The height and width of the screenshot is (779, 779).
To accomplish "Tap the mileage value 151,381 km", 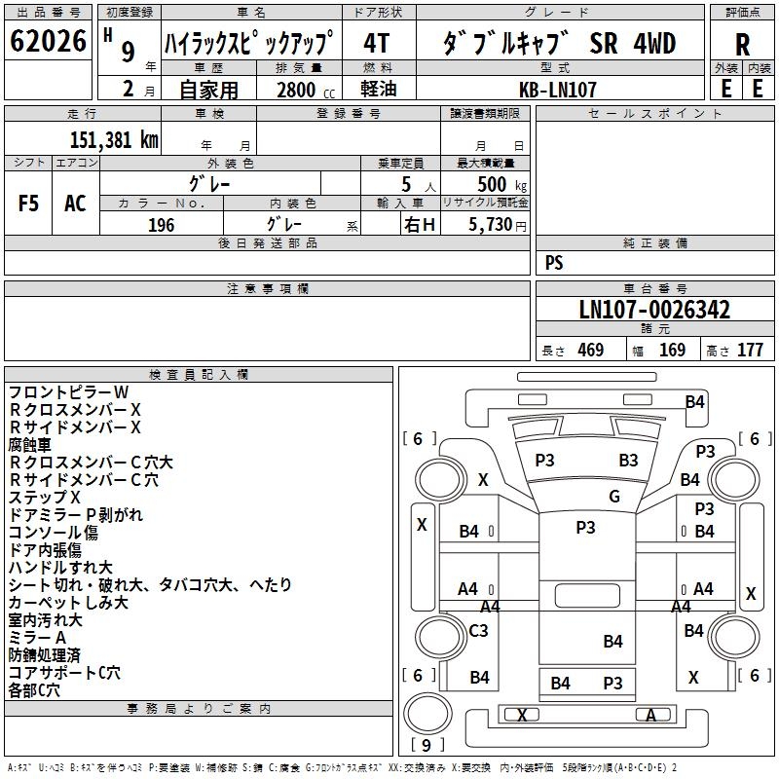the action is point(114,139).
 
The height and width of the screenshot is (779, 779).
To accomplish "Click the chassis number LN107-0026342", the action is point(653,311).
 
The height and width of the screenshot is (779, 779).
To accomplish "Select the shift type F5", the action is point(29,203).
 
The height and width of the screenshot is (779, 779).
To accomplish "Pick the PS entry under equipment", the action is point(554,263).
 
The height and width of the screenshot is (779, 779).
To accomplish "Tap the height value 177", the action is point(750,351).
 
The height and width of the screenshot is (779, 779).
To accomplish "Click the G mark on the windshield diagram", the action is point(614,497).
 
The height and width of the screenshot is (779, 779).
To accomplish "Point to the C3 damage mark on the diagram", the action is point(478,630).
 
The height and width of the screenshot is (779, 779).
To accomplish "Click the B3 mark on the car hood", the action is point(629,460).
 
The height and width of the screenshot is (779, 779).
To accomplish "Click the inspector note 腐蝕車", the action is point(30,444).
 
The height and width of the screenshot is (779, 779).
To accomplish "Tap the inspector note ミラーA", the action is point(38,637).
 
